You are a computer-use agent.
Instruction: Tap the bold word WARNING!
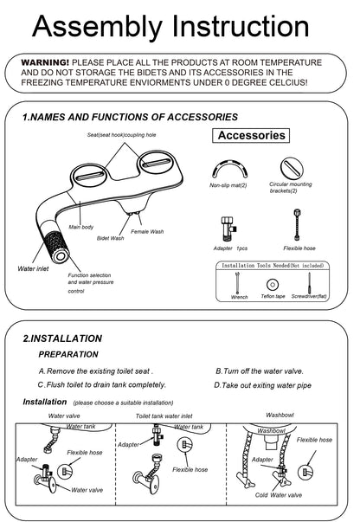45,62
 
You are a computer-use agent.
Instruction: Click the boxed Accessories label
251,135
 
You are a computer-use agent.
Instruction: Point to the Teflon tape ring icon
273,284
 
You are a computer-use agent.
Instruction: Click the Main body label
81,227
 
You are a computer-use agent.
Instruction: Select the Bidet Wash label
110,237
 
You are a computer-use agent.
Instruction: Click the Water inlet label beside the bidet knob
34,269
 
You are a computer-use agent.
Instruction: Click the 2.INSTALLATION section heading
61,338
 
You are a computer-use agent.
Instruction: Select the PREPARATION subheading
68,354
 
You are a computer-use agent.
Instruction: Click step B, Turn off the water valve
263,371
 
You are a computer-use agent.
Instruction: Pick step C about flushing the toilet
101,384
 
